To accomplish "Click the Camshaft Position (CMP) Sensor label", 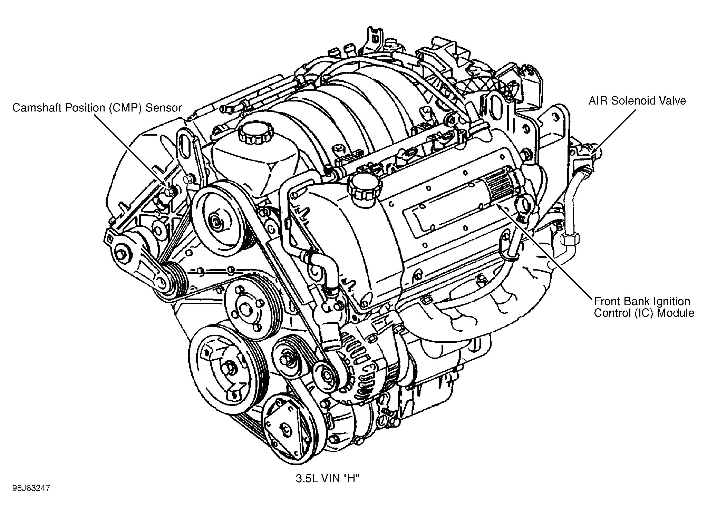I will (97, 108).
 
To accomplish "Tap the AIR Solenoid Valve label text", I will (637, 101).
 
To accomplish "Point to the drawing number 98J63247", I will (31, 488).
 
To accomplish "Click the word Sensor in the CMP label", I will (163, 108).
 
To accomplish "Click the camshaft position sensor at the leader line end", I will (169, 192).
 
